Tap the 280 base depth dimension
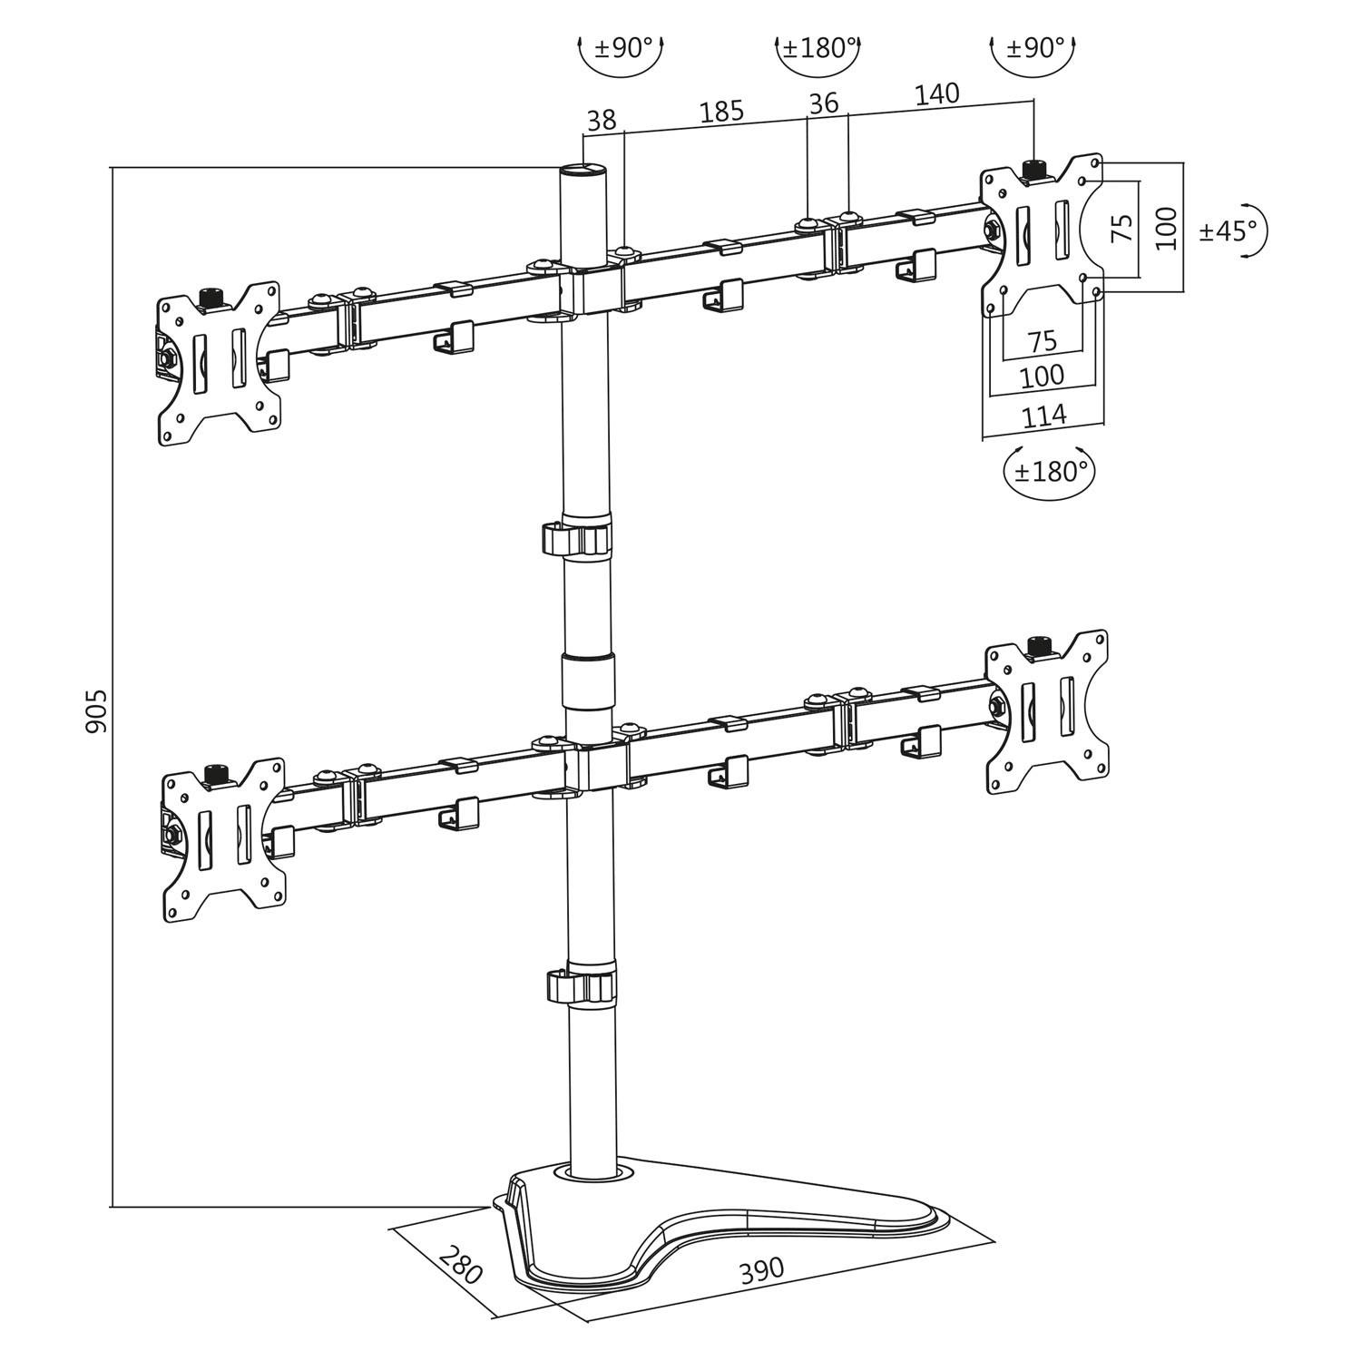[461, 1264]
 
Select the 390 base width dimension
[760, 1271]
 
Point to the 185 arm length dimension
[721, 112]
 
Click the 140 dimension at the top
[936, 93]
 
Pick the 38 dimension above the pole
[602, 120]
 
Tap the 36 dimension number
[824, 103]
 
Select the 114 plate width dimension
[1044, 416]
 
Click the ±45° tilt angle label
[1229, 230]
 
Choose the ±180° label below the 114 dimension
[1050, 472]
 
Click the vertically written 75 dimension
[1122, 227]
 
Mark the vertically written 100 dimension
[1167, 228]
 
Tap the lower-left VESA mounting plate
[222, 840]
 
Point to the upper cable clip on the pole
[579, 537]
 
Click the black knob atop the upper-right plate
[1034, 169]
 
